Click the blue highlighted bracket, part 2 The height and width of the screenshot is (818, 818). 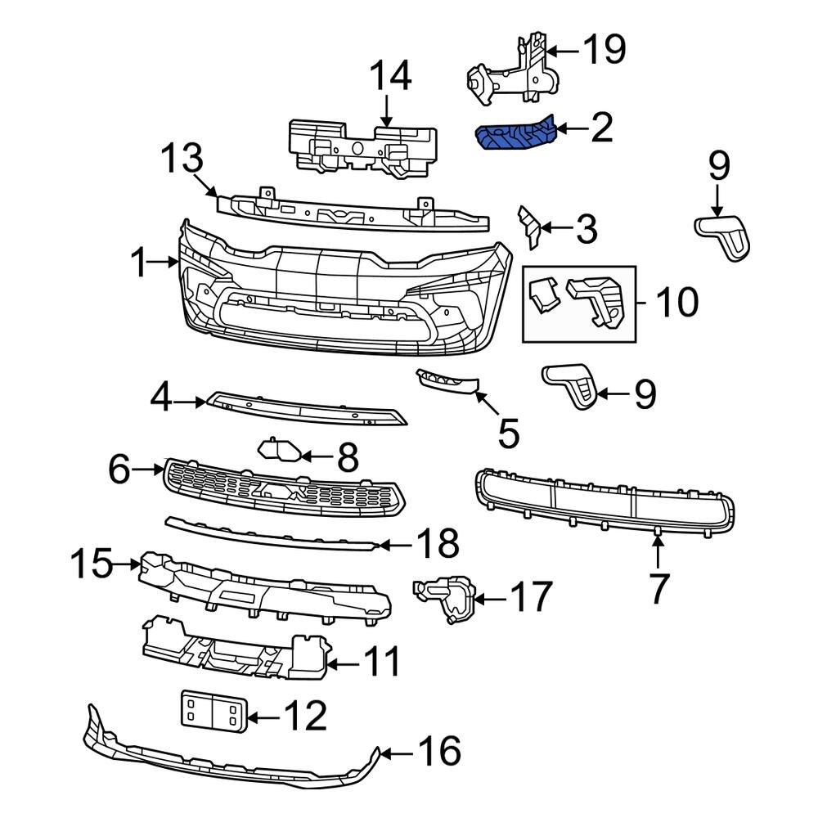pyautogui.click(x=515, y=133)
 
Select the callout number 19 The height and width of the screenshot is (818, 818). pyautogui.click(x=604, y=50)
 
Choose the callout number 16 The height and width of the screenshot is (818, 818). pyautogui.click(x=438, y=750)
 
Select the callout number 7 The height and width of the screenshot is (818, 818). pyautogui.click(x=659, y=587)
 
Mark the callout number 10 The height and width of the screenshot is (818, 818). pyautogui.click(x=676, y=302)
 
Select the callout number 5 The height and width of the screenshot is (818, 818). pyautogui.click(x=508, y=433)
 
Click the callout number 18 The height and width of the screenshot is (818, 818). pyautogui.click(x=437, y=544)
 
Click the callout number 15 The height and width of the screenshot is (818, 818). pyautogui.click(x=91, y=564)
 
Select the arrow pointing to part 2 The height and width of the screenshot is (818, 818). pyautogui.click(x=568, y=128)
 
